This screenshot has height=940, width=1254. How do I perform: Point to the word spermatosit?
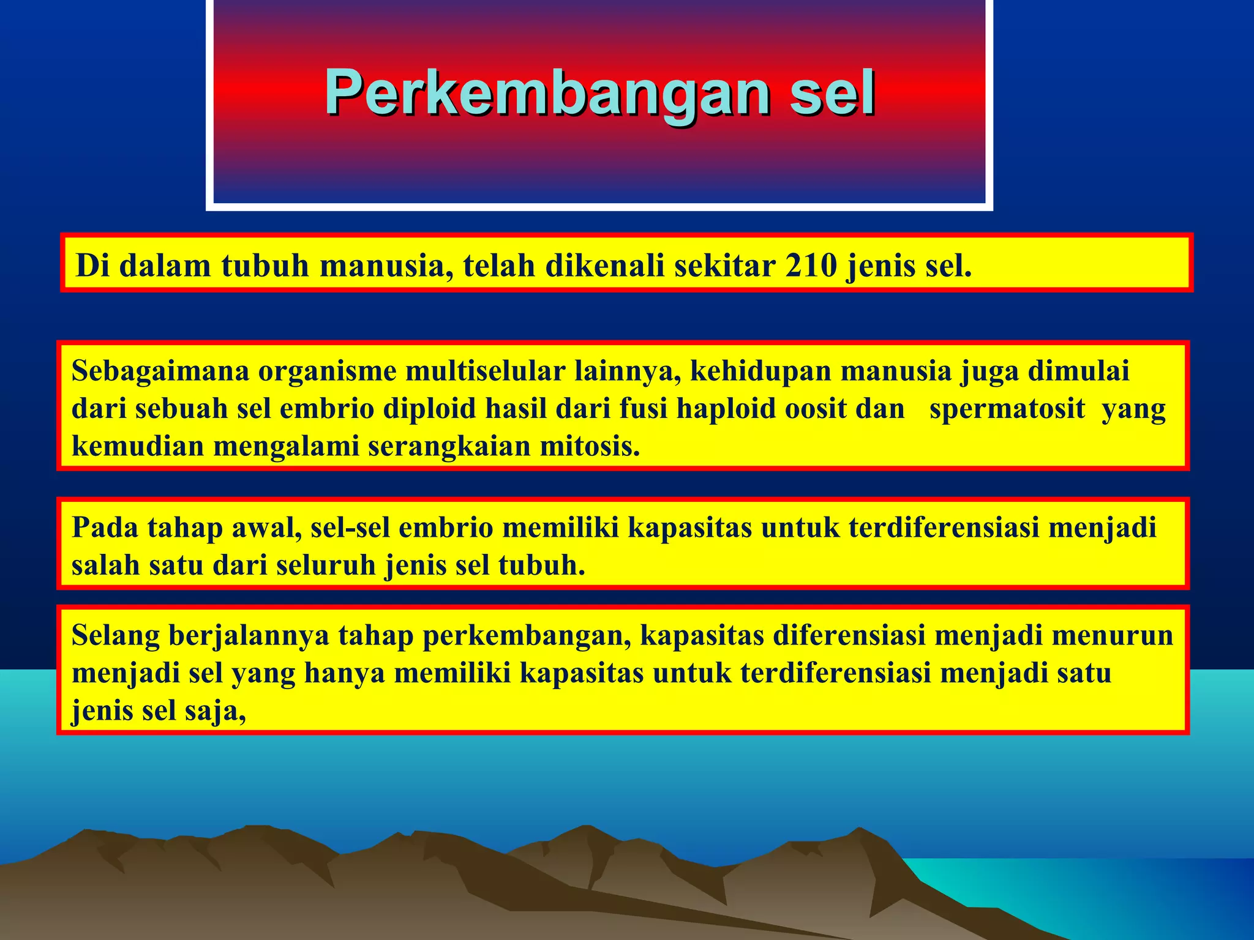(x=1007, y=409)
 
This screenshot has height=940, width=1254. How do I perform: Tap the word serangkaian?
(x=449, y=446)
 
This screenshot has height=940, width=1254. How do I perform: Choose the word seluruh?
(x=325, y=565)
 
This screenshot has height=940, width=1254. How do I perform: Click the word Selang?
(x=116, y=636)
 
